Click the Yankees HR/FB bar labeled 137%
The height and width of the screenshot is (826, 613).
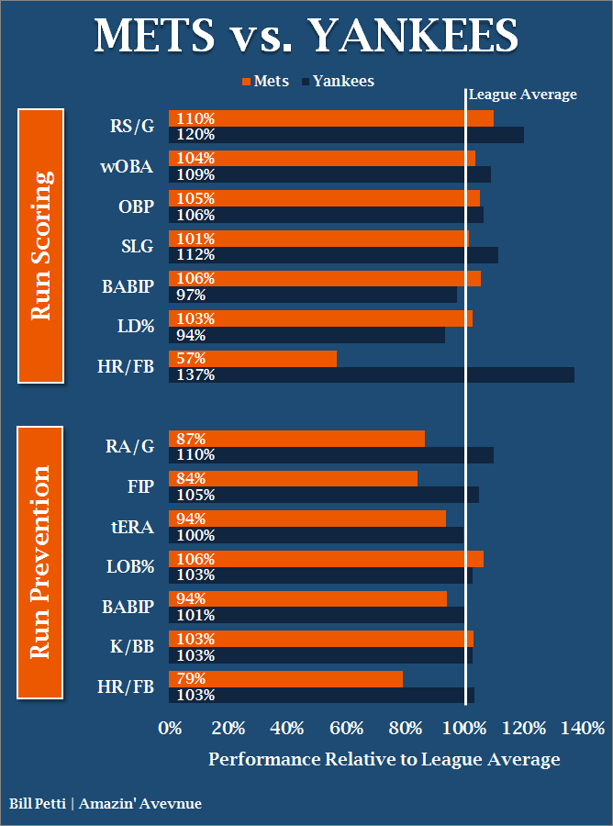[x=372, y=374]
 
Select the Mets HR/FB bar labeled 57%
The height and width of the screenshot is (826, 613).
[x=252, y=358]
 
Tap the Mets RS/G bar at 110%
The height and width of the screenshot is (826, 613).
[x=331, y=118]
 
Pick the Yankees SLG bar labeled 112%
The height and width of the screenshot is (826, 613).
[x=333, y=254]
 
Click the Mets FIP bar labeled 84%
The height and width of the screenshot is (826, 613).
[x=293, y=478]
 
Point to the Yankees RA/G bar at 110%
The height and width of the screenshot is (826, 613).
[x=331, y=454]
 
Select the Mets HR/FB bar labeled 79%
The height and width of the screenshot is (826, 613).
[x=285, y=678]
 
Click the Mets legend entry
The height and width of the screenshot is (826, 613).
[x=265, y=81]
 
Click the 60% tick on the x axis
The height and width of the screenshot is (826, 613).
[x=348, y=729]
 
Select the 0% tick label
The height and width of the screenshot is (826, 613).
[x=170, y=729]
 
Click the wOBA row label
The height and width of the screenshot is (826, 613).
[x=128, y=167]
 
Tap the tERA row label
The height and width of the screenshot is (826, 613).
[x=131, y=527]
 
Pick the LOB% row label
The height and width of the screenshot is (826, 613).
[x=129, y=567]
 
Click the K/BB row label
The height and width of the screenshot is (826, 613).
[x=130, y=647]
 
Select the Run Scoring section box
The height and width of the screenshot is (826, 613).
[x=40, y=245]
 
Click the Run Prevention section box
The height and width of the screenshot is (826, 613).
[x=40, y=562]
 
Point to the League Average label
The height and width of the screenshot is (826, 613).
[x=523, y=95]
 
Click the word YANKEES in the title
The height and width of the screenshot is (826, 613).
[x=413, y=37]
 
